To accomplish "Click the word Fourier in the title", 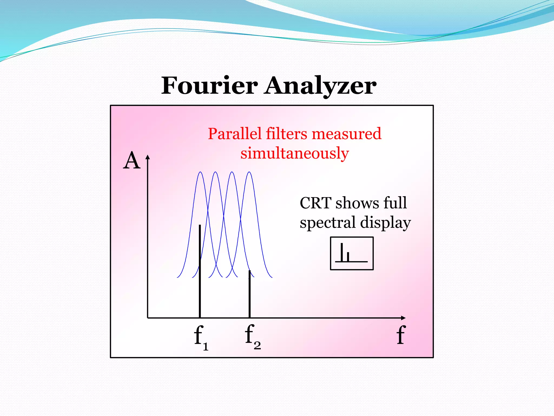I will click(209, 86).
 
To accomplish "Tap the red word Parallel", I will click(235, 134).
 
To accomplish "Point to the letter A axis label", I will click(132, 161).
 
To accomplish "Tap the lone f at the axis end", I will click(401, 335).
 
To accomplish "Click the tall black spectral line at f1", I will click(200, 271).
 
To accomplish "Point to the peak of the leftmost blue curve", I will click(200, 172).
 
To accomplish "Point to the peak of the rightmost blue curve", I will click(249, 172).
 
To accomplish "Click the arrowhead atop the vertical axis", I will click(147, 157).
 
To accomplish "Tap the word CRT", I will click(315, 203).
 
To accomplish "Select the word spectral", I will click(327, 223).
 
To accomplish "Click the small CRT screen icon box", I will click(352, 253).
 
